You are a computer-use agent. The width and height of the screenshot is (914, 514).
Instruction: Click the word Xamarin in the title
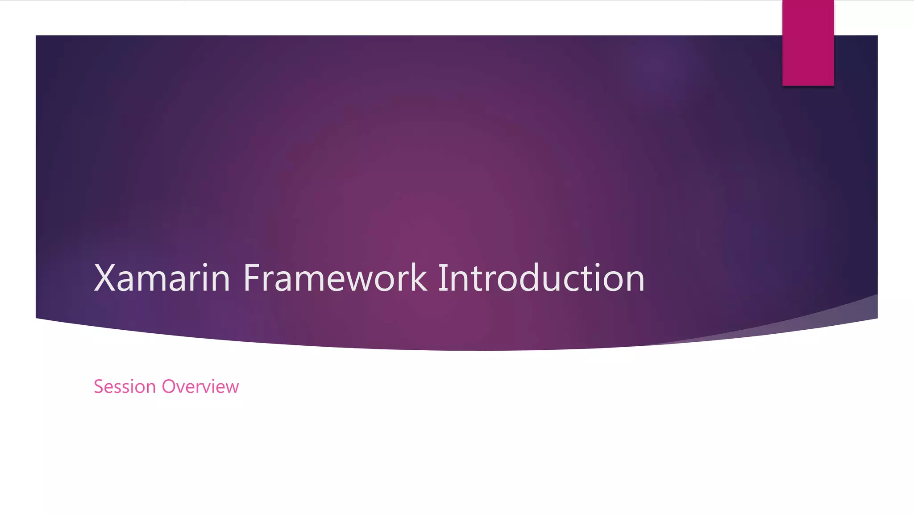[162, 278]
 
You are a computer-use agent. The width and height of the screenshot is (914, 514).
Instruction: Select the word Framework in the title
[335, 278]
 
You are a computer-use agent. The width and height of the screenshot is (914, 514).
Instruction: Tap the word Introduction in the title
[541, 278]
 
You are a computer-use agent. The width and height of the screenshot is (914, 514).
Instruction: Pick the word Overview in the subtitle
[200, 386]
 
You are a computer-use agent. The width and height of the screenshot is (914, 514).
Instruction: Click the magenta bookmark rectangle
[808, 42]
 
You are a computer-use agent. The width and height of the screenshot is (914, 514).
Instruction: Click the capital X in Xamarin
[105, 278]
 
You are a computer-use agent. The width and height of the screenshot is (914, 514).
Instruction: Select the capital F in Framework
[252, 278]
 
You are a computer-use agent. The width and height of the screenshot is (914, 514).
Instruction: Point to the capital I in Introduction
[442, 278]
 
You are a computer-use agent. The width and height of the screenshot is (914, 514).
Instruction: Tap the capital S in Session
[99, 386]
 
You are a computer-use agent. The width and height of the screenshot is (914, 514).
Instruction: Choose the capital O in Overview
[170, 386]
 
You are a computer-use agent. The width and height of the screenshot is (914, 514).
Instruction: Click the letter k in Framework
[419, 278]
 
